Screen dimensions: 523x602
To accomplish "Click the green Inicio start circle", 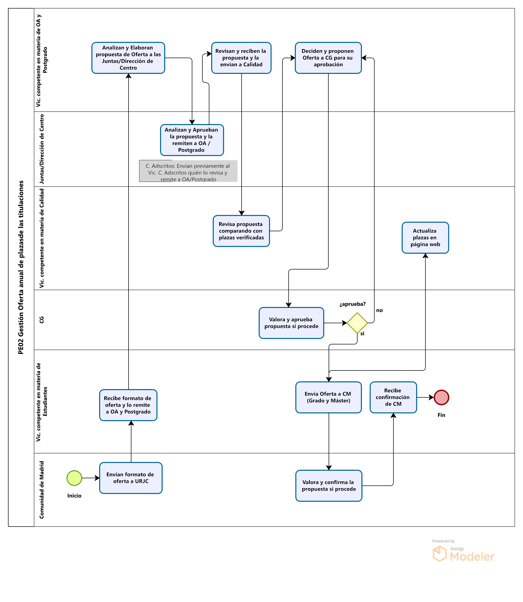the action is point(74,478).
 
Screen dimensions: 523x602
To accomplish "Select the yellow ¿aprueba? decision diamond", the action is point(357,323).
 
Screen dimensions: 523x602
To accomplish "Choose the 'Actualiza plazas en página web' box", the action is point(425,237).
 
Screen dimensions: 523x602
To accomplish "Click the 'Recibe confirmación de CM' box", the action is point(393,397).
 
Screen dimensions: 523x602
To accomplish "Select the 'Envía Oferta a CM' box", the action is point(329,397).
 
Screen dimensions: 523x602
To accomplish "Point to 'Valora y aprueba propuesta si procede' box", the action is point(291,323).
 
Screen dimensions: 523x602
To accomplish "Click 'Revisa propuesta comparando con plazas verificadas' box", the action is point(241,231).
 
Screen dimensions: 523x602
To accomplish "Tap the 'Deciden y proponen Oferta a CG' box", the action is point(328,58).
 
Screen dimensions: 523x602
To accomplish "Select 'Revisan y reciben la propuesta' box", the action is point(241,58).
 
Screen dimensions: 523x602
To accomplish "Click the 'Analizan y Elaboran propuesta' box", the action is point(128,58).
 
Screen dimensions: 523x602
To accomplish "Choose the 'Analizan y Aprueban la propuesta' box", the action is point(192,140).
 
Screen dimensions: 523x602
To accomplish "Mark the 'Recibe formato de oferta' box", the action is point(128,405).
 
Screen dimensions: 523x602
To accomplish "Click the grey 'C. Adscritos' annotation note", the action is point(188,171).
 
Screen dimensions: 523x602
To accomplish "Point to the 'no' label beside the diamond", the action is point(379,310).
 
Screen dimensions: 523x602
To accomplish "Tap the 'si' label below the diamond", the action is point(362,333).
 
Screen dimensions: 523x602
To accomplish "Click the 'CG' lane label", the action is point(42,320).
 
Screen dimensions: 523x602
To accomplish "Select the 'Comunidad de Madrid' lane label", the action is point(42,490).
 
